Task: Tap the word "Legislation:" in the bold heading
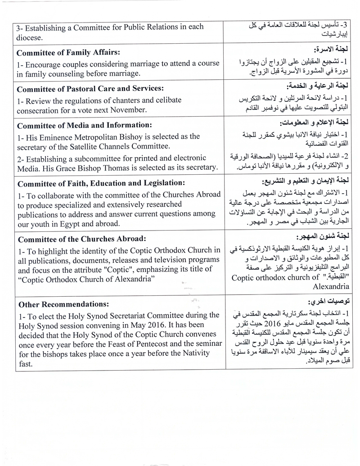(157, 183)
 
